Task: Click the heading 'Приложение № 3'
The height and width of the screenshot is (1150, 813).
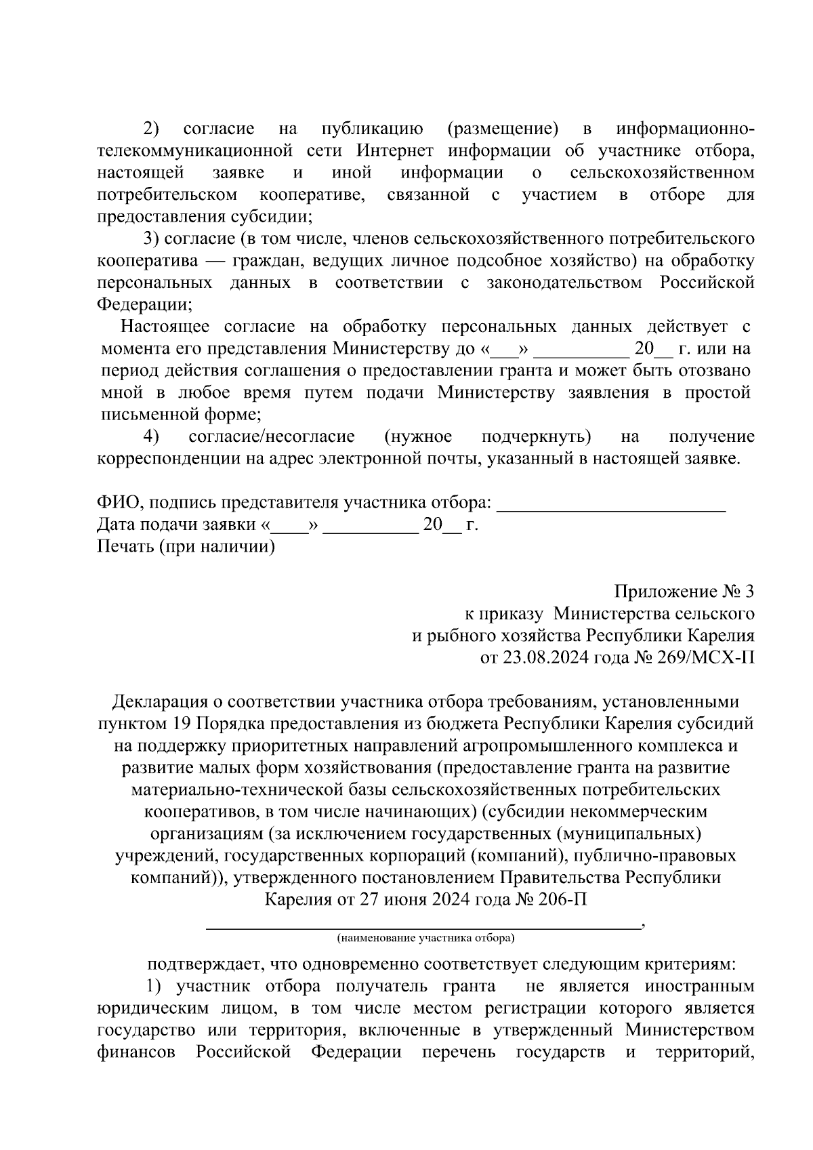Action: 684,592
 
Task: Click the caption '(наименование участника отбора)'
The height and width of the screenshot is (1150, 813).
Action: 425,939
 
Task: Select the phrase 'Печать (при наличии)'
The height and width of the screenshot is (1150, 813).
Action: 186,547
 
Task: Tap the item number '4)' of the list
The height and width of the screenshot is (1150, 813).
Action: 151,437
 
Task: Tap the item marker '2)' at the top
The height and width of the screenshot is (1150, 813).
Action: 150,128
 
